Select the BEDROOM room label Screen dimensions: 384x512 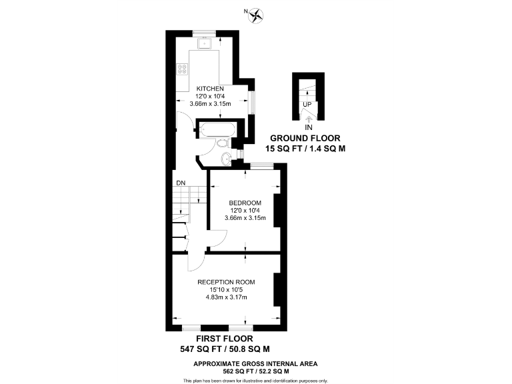click(x=245, y=203)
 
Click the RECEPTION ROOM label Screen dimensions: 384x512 click(x=226, y=282)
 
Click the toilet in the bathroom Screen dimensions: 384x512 click(x=223, y=143)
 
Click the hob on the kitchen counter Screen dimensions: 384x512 click(x=183, y=69)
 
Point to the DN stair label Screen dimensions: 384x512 click(x=181, y=183)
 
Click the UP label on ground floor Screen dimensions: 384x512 click(x=307, y=105)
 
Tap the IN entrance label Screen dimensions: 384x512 click(x=308, y=127)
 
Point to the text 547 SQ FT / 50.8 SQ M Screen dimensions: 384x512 click(x=225, y=349)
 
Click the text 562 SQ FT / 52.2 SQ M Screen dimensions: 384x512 click(x=255, y=371)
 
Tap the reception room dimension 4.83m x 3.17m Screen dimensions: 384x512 click(x=226, y=297)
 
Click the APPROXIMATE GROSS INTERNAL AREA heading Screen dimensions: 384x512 click(x=255, y=363)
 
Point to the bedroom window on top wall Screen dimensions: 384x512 click(x=260, y=166)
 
